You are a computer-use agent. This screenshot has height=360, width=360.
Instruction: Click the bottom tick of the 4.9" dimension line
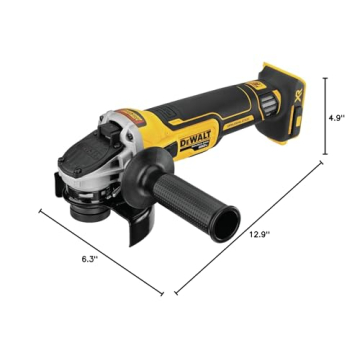click(324, 154)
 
